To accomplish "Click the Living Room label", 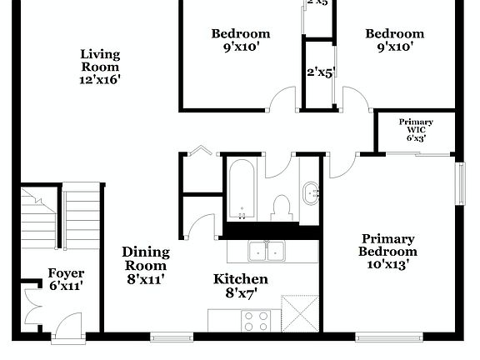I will (100, 67).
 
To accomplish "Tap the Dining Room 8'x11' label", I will (146, 266).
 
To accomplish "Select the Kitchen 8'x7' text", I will (241, 286).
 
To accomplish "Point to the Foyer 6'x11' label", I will (65, 279).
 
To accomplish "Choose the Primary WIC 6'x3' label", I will (416, 130).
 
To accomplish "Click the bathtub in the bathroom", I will (242, 190).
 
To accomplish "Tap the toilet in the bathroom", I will (281, 207).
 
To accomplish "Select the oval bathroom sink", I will (310, 193).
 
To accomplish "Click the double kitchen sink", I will (266, 251).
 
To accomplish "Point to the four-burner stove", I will (255, 321).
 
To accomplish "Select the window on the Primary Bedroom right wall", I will (459, 182).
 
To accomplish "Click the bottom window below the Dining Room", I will (171, 337).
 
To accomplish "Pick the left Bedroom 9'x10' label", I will (241, 40).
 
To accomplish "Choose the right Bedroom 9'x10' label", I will (395, 40).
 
